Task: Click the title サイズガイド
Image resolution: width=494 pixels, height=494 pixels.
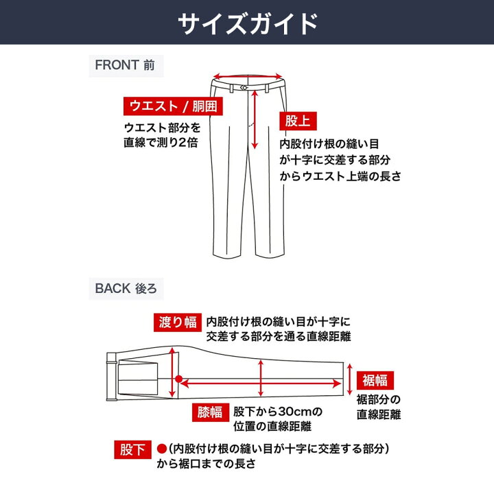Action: coord(247,23)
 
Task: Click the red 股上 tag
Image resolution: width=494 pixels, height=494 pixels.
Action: coord(297,121)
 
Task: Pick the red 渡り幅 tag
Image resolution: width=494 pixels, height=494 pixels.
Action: coord(177,322)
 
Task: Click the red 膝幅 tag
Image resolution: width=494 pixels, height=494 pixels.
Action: coord(210,412)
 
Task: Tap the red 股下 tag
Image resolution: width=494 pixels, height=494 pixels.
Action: coord(132,450)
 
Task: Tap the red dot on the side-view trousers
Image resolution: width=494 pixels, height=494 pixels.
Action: coord(178,378)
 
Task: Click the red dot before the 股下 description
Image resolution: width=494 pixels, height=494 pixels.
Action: coord(162,449)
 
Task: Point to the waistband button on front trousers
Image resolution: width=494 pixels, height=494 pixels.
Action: coord(246,88)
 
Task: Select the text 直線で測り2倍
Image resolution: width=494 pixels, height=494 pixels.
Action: coord(162,143)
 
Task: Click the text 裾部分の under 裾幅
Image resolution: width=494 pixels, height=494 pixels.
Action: coord(378,399)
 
